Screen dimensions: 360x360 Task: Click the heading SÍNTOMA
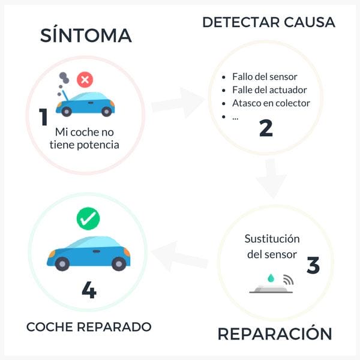pyautogui.click(x=86, y=35)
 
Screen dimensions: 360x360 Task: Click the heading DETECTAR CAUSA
pyautogui.click(x=268, y=22)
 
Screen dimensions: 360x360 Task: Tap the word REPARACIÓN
pyautogui.click(x=274, y=334)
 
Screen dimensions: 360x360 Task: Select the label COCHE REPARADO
pyautogui.click(x=89, y=327)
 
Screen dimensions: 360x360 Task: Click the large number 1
pyautogui.click(x=43, y=117)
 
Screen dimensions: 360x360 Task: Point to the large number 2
pyautogui.click(x=266, y=128)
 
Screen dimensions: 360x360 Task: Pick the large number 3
pyautogui.click(x=313, y=265)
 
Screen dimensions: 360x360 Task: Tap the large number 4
pyautogui.click(x=89, y=290)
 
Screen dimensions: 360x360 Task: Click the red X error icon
pyautogui.click(x=85, y=79)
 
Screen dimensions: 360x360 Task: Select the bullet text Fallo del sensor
pyautogui.click(x=265, y=77)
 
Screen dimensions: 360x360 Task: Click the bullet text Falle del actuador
pyautogui.click(x=269, y=90)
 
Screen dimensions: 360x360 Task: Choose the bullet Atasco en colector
pyautogui.click(x=271, y=103)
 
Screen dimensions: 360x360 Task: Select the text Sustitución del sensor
pyautogui.click(x=272, y=246)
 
